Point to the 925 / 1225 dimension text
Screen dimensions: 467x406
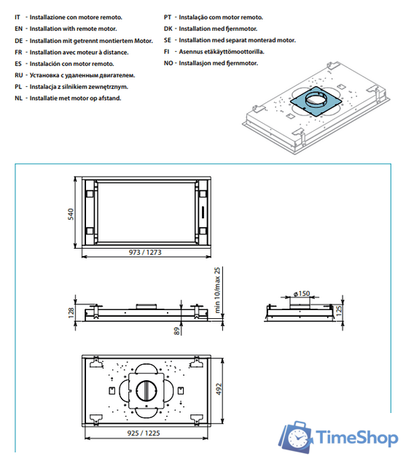(x=144, y=433)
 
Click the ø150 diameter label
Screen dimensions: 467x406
(x=302, y=293)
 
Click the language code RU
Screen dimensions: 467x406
(x=18, y=75)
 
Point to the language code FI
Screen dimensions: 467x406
(x=167, y=53)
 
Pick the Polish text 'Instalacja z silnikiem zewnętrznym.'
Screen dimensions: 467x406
(x=79, y=86)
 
